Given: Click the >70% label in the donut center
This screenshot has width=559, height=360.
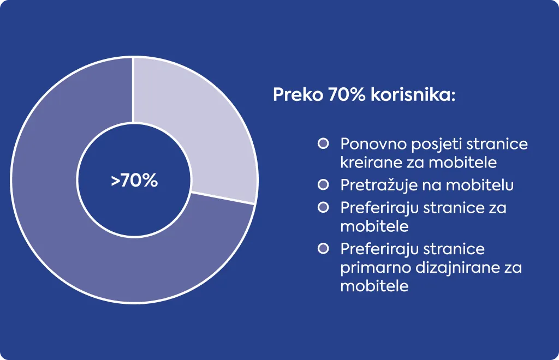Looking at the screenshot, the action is pos(134,181).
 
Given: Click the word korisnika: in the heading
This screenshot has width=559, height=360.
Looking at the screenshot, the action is pos(413,95).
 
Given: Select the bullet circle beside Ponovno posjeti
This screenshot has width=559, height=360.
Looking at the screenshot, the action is pos(323,144).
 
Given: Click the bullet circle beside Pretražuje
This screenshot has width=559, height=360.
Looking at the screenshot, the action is pos(323,185).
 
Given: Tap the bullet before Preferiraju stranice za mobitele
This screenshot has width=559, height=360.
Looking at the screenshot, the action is pos(323,208).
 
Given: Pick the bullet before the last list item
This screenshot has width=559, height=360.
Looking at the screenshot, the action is pos(323,249).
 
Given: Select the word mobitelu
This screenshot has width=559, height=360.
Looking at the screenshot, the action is pos(479,185).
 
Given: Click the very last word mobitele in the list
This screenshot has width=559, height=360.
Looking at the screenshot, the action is pos(374,286).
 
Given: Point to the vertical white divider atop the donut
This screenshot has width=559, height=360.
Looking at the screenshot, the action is pos(133,90).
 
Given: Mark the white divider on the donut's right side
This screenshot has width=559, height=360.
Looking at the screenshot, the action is pos(223,199).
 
